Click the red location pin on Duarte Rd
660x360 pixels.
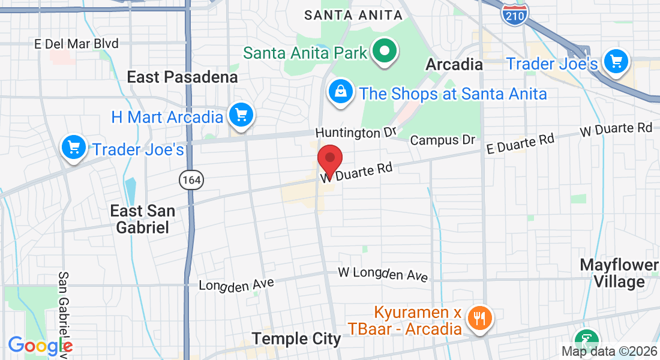[x=329, y=159]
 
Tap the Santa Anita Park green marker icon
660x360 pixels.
[x=385, y=52]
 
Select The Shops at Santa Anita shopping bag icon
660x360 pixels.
[x=341, y=92]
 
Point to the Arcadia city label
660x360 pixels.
[x=454, y=64]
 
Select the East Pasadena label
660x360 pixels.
[x=182, y=77]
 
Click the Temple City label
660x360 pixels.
[x=296, y=338]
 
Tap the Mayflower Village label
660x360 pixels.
[x=620, y=273]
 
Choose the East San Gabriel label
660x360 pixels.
[x=143, y=219]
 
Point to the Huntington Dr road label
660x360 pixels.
[x=356, y=132]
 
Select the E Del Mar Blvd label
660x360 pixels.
[x=76, y=44]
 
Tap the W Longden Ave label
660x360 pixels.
[x=383, y=274]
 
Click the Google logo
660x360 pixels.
[x=40, y=346]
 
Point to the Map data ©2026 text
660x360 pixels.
[x=608, y=351]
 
